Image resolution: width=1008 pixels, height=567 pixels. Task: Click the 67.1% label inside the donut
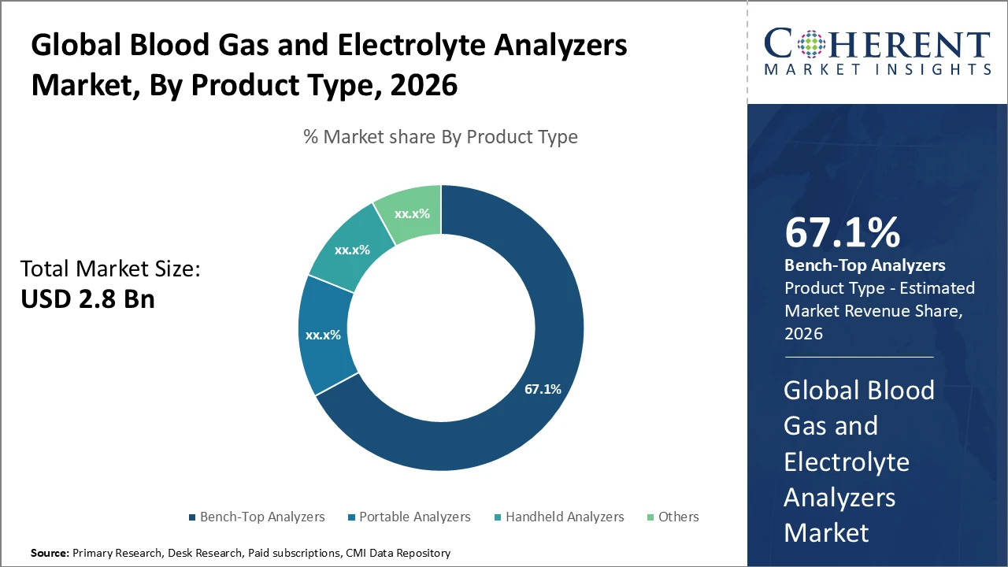(x=543, y=389)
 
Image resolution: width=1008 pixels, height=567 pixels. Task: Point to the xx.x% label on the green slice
(x=411, y=213)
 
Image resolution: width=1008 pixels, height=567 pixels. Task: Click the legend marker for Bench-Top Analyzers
(x=192, y=517)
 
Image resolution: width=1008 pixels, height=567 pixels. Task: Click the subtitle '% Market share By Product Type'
(x=440, y=137)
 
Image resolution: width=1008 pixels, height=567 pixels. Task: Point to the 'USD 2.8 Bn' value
(x=87, y=299)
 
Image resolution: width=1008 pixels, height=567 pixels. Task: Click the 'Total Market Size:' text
(x=110, y=269)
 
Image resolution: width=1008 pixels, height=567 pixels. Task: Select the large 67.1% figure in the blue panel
(x=842, y=234)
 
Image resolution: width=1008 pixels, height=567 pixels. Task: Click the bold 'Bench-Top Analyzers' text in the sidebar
(x=864, y=265)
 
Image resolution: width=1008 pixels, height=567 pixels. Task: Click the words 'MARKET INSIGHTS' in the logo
(x=877, y=70)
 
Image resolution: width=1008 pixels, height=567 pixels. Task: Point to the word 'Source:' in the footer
(x=50, y=554)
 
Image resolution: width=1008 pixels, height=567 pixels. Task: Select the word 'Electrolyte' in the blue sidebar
(x=847, y=461)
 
